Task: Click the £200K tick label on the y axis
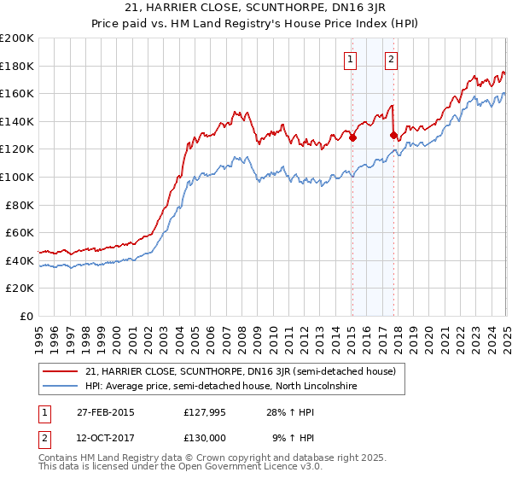coord(17,38)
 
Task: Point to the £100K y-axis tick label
coord(17,177)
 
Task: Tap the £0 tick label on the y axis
coord(26,316)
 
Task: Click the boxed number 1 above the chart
coord(352,60)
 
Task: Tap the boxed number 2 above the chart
coord(391,60)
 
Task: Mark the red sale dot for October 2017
coord(393,135)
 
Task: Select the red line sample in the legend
coord(61,372)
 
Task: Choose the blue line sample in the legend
coord(61,387)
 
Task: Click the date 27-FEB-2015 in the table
coord(106,413)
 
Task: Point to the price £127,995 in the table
coord(203,413)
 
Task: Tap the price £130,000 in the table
coord(203,437)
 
